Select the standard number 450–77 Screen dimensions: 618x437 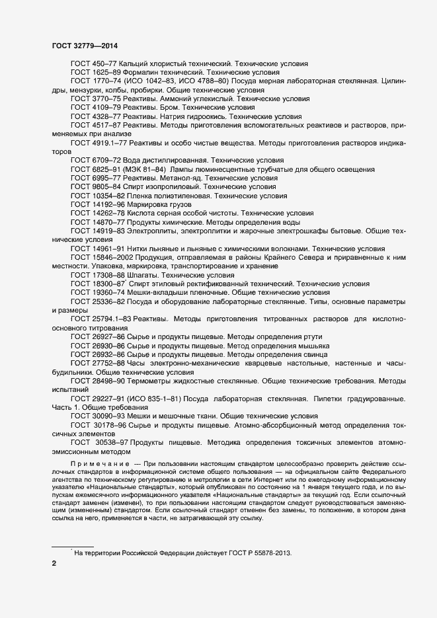coord(104,62)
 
